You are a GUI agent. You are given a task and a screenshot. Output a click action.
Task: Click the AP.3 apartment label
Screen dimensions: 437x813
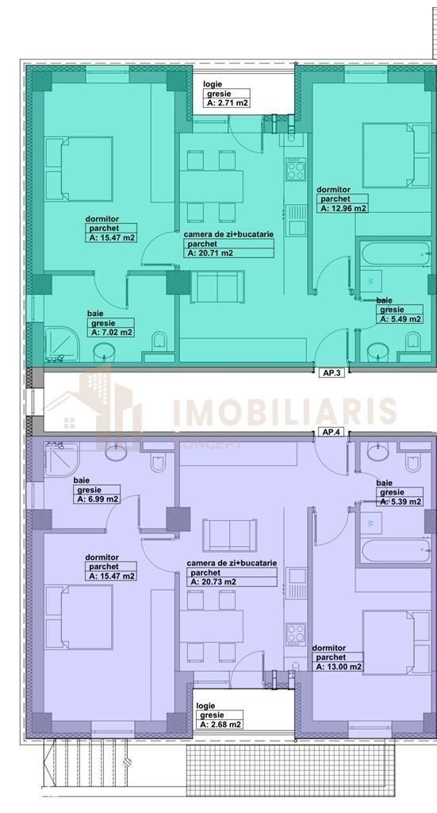pos(331,372)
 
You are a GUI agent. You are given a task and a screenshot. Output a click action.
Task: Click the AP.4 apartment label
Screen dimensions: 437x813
pos(331,432)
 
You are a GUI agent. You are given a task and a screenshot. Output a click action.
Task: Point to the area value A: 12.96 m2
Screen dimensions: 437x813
pos(343,208)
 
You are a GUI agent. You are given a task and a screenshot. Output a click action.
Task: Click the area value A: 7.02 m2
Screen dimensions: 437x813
pos(112,333)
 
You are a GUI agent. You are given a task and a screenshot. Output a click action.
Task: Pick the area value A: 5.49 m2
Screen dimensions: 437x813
pos(401,319)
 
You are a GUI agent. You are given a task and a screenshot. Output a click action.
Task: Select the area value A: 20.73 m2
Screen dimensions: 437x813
pos(213,582)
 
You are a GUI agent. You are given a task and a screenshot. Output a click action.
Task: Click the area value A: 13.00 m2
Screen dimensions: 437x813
pos(339,667)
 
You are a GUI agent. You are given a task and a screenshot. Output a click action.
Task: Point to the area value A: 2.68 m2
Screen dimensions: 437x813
pos(220,724)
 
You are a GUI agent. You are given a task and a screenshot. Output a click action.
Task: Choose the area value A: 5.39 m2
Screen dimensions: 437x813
pos(401,502)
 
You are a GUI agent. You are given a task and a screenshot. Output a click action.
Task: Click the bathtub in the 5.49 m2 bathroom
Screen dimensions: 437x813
pos(396,253)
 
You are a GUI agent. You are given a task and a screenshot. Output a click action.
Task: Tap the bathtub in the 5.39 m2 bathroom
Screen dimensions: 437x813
pos(396,551)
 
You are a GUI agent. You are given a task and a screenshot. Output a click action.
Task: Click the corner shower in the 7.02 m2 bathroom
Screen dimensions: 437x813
pos(62,344)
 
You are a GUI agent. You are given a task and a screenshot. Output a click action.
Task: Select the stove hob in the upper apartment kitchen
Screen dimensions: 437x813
pos(296,169)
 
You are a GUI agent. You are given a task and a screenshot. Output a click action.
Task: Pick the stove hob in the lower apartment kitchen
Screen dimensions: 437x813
pos(296,634)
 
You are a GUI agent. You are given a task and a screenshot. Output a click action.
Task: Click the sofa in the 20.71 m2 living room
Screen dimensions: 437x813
pos(217,287)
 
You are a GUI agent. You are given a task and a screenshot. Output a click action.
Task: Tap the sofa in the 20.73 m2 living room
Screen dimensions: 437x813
pos(230,534)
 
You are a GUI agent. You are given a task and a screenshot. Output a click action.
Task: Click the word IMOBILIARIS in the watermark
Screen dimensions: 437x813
pos(284,412)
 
